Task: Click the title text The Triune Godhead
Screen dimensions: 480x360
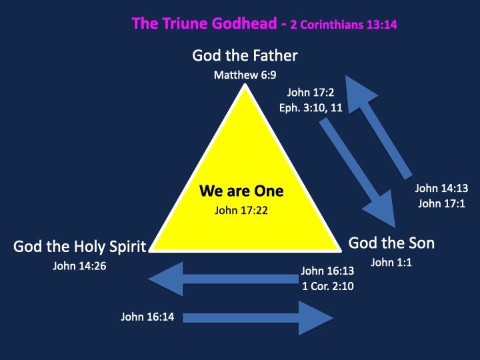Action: [x=205, y=23]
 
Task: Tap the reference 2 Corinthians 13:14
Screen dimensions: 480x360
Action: [x=344, y=25]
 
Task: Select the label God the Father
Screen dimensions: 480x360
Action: [x=245, y=56]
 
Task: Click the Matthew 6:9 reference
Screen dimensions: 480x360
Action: [x=245, y=75]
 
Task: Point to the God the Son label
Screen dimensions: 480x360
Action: [x=391, y=243]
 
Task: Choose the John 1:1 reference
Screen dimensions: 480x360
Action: [x=391, y=263]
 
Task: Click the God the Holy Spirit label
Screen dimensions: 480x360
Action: [x=79, y=247]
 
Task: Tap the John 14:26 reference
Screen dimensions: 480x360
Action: [x=79, y=266]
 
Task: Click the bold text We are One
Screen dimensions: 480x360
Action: [x=241, y=191]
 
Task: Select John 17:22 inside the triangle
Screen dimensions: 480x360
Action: [x=241, y=210]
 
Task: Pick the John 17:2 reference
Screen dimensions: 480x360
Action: [x=311, y=93]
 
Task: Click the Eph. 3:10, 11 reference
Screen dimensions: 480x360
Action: [x=311, y=108]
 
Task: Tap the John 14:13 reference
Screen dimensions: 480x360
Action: [x=441, y=188]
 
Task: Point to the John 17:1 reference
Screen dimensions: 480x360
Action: [x=441, y=203]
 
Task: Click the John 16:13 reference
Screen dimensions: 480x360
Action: [x=327, y=271]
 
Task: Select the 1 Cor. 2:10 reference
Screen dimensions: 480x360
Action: [x=328, y=286]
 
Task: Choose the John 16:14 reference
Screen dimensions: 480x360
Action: [x=147, y=317]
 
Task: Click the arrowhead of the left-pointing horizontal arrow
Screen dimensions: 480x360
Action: [x=166, y=279]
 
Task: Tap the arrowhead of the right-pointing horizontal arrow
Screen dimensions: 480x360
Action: [x=316, y=318]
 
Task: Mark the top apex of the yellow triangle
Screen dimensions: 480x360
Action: [x=245, y=85]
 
